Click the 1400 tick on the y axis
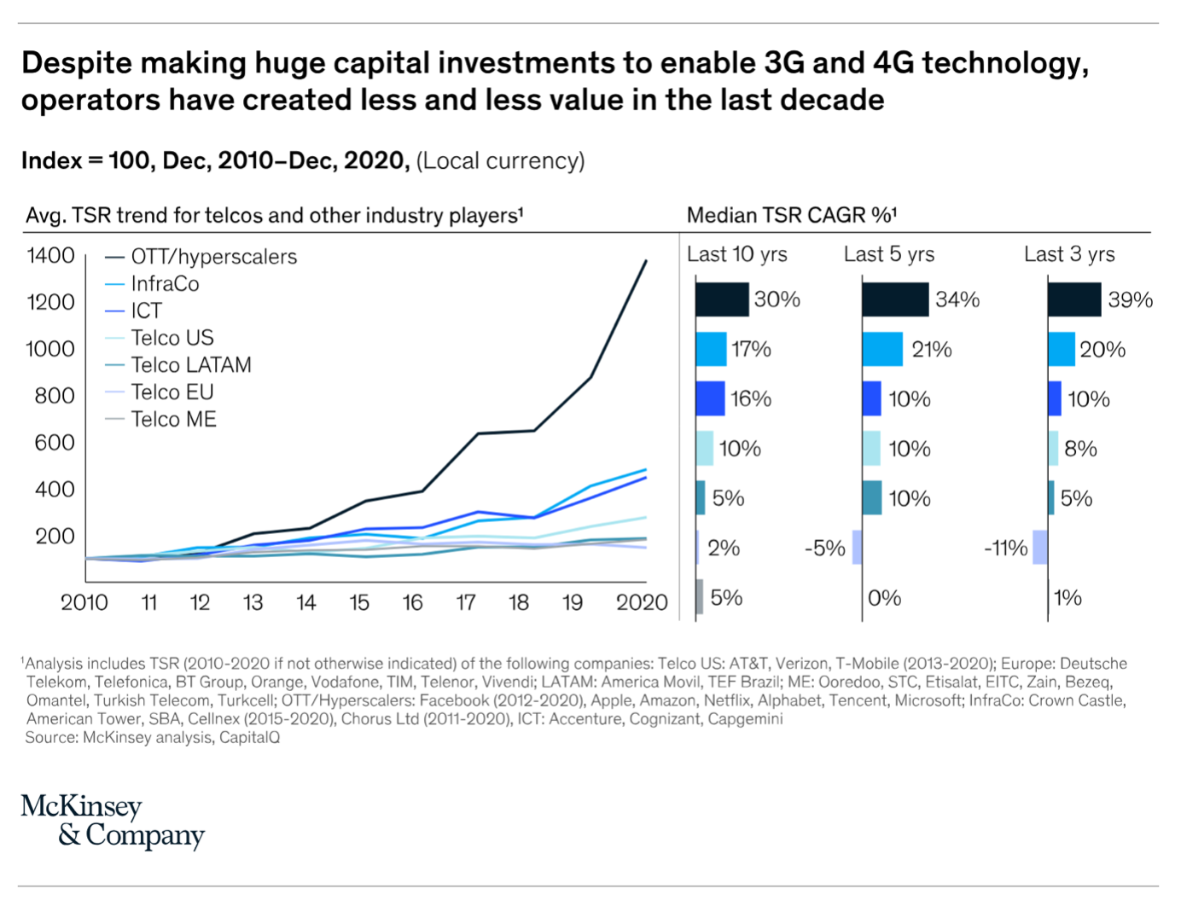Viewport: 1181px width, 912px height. click(x=51, y=256)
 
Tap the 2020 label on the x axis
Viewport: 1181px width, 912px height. click(x=642, y=603)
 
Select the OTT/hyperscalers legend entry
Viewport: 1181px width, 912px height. click(x=213, y=257)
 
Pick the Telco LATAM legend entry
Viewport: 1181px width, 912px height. click(x=190, y=365)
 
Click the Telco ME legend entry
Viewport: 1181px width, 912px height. click(x=173, y=420)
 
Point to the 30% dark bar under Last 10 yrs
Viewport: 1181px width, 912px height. click(x=722, y=299)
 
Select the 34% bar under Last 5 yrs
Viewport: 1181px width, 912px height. click(x=895, y=299)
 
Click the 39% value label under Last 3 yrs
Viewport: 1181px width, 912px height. click(x=1130, y=300)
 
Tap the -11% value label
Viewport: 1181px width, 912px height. click(x=1005, y=549)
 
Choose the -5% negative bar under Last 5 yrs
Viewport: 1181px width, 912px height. click(x=857, y=548)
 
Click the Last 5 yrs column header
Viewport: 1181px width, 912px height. click(x=888, y=254)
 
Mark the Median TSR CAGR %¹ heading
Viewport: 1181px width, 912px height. click(x=791, y=215)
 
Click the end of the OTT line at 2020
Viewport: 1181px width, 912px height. click(x=645, y=261)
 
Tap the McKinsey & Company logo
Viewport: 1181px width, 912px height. click(x=112, y=821)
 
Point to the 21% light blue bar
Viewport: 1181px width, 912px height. click(x=882, y=349)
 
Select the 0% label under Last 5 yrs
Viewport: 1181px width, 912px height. click(x=884, y=598)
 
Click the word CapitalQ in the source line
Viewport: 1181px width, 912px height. click(x=249, y=738)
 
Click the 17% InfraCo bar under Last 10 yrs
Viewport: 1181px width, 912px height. click(x=711, y=349)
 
